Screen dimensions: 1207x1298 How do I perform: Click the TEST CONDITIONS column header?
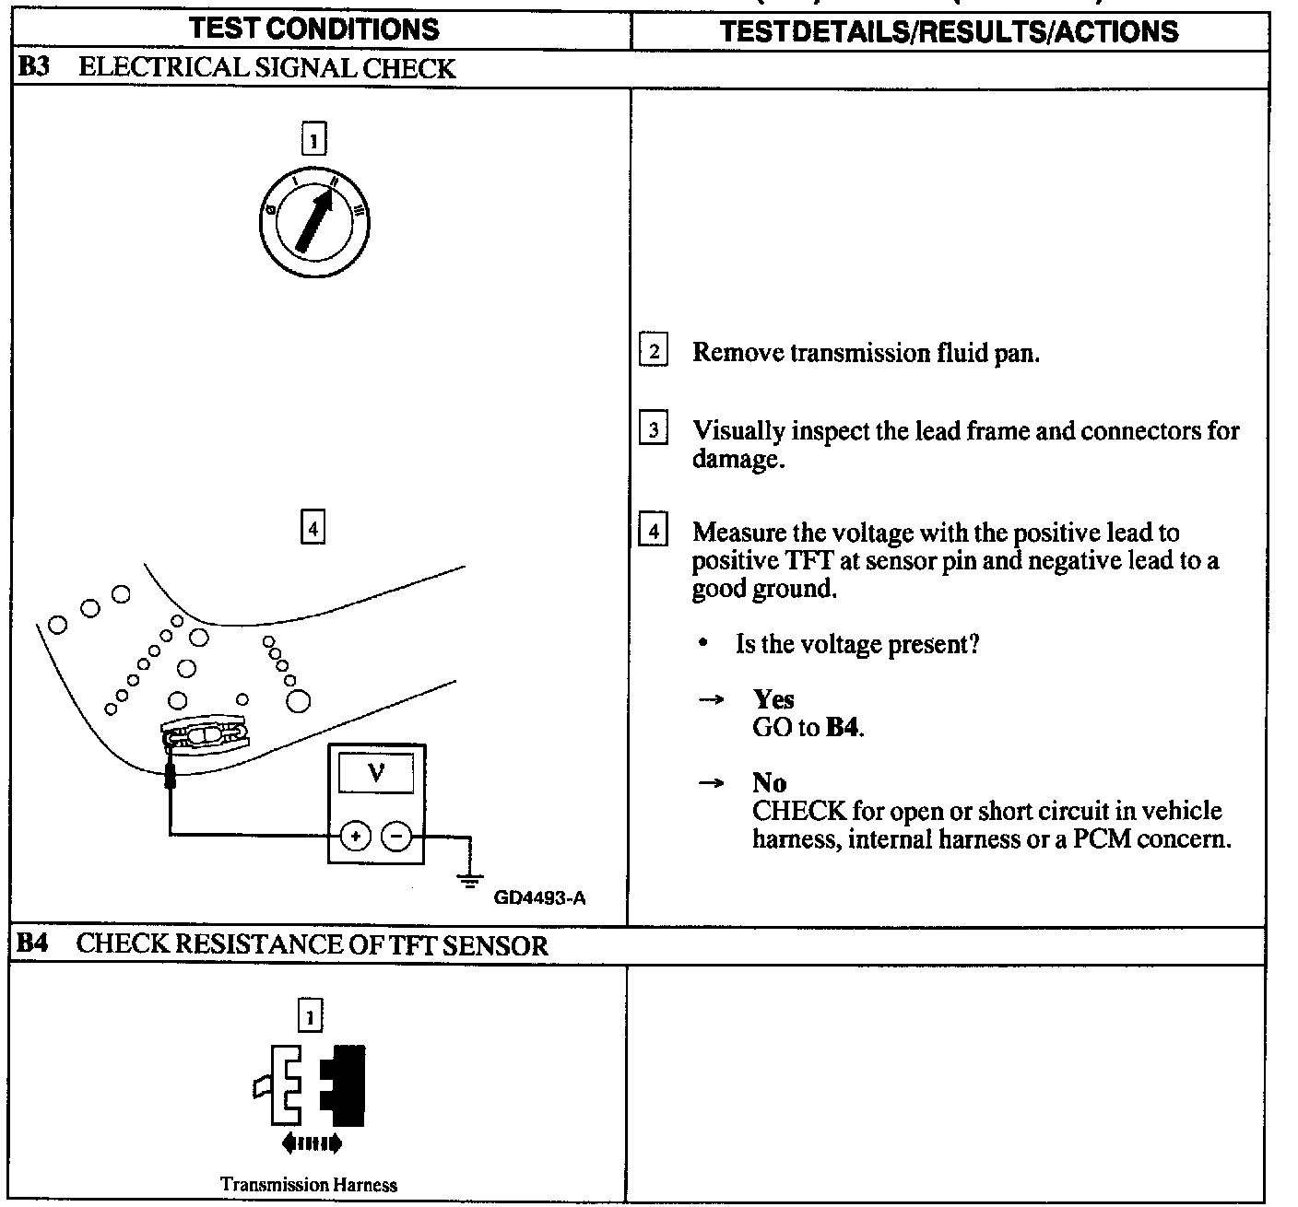tap(314, 29)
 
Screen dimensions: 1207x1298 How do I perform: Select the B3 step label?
tap(34, 68)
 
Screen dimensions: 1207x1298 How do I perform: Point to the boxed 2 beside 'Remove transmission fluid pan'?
tap(653, 351)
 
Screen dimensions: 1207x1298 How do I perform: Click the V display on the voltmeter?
tap(376, 773)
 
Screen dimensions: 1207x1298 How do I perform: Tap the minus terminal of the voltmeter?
tap(396, 836)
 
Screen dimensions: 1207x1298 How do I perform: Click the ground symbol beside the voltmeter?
tap(471, 877)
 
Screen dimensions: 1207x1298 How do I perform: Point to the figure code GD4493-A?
tap(539, 897)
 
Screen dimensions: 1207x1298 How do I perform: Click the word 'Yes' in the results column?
tap(773, 699)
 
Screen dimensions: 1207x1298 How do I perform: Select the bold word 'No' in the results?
tap(769, 783)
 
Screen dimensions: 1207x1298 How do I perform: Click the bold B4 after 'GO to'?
tap(844, 728)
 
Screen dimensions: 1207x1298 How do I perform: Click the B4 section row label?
tap(32, 944)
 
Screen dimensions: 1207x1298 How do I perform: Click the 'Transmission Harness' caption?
tap(309, 1185)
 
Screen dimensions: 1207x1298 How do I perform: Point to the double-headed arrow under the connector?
tap(312, 1144)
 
